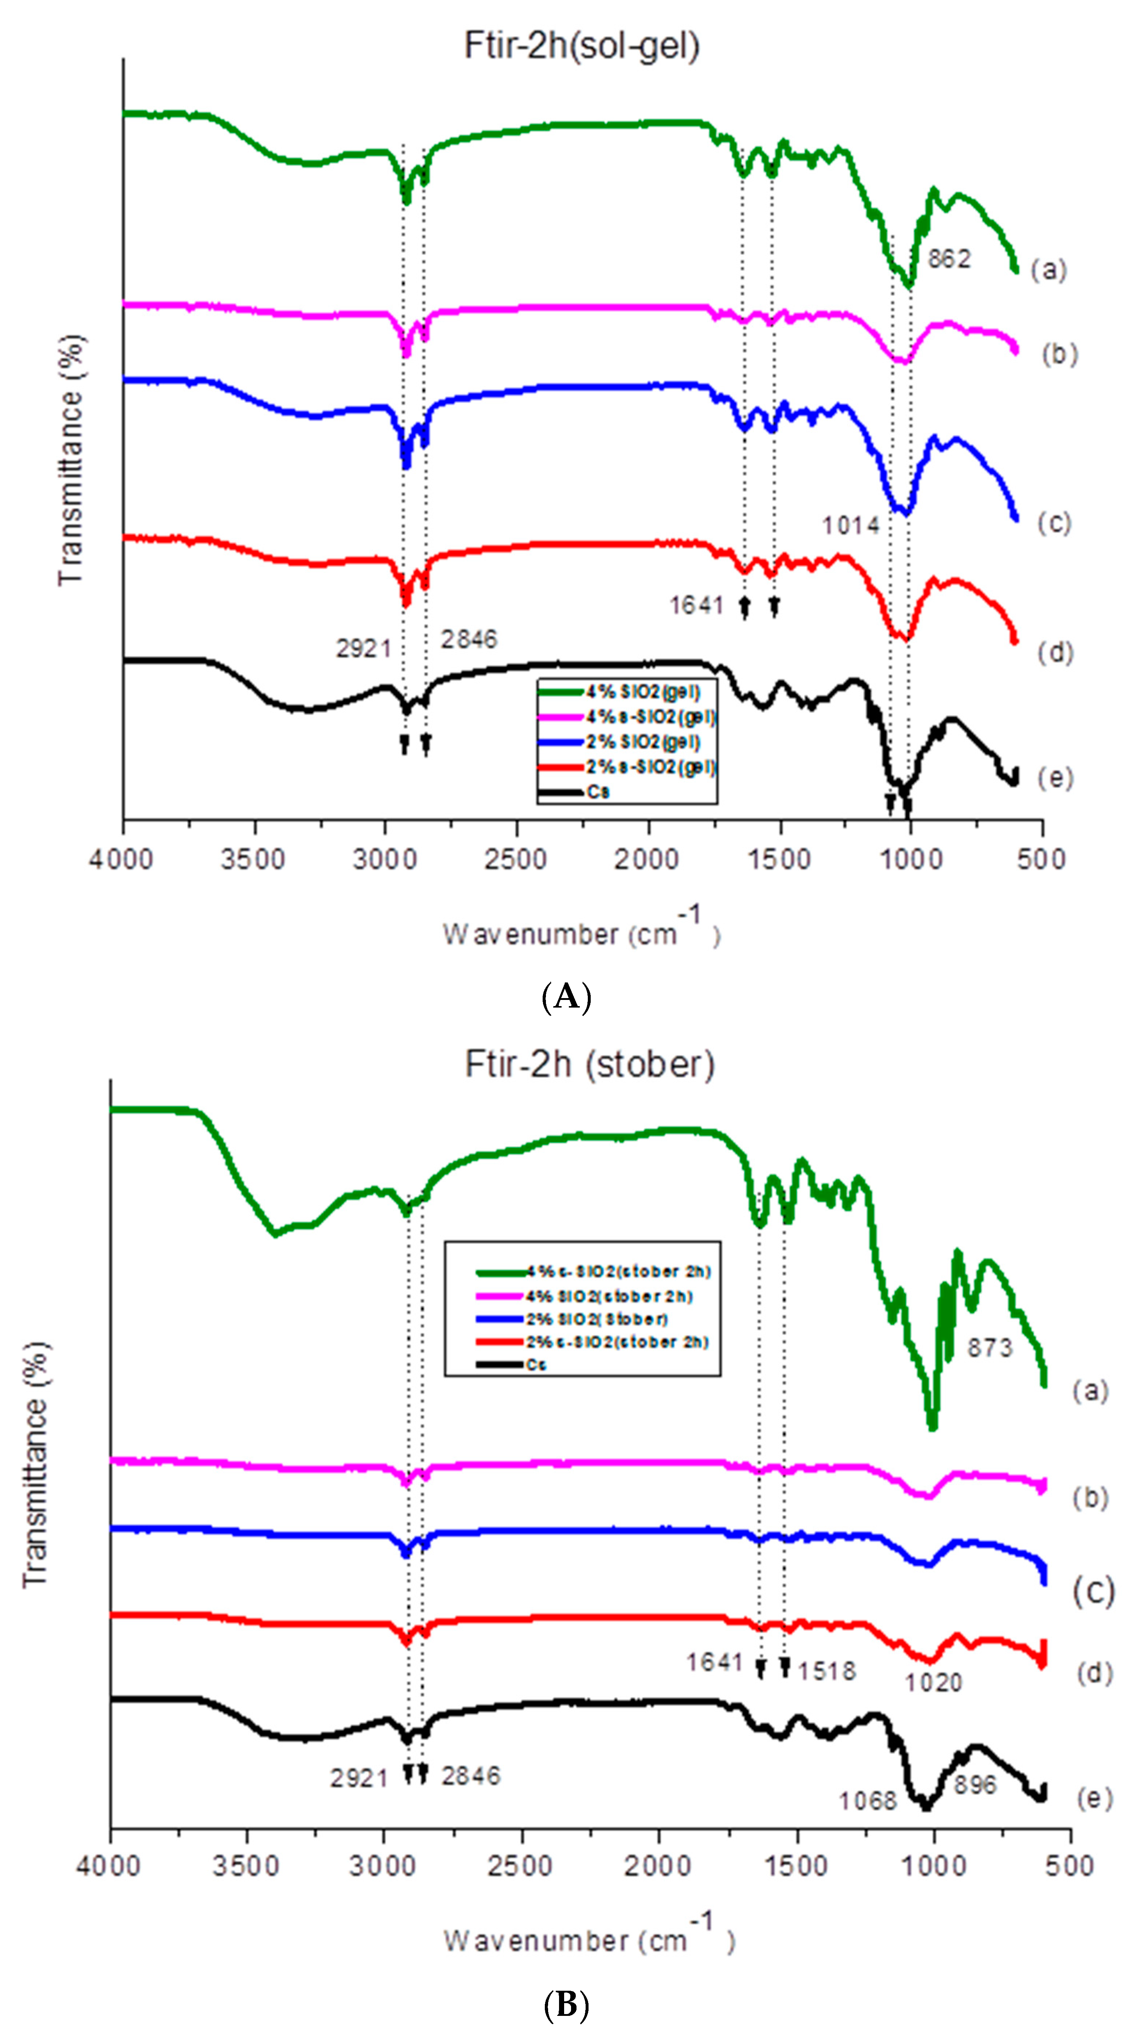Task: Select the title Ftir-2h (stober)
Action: pos(590,1064)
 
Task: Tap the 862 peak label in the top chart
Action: pos(948,259)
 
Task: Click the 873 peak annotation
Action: pos(990,1348)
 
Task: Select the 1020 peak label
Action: pos(933,1683)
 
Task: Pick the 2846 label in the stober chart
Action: pos(471,1775)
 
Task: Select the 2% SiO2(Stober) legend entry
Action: pos(596,1319)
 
